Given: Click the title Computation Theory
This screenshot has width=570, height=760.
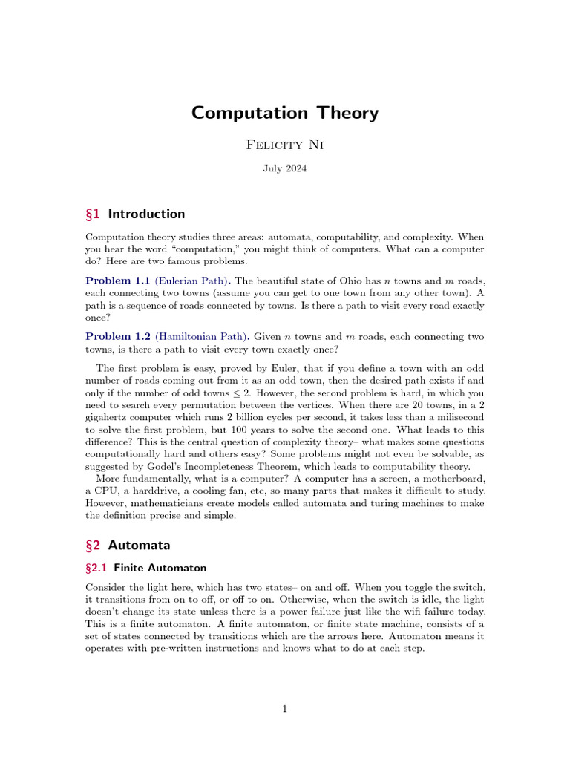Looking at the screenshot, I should click(285, 113).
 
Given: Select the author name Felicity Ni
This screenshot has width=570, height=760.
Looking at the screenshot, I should click(285, 145).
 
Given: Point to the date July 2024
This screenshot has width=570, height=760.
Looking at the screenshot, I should click(285, 168).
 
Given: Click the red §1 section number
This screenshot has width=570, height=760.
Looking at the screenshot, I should click(94, 214).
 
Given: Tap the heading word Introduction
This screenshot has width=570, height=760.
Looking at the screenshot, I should click(146, 214).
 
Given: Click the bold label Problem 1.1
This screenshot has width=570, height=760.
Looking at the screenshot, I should click(118, 281).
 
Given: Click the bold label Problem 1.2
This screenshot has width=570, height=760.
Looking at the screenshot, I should click(118, 337).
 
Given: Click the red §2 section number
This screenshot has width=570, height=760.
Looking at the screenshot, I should click(94, 546).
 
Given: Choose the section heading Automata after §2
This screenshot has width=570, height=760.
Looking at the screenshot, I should click(139, 546).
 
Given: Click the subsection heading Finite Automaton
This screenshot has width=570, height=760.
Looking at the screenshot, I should click(159, 568).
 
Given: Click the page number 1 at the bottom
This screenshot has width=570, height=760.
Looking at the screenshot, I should click(285, 710).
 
